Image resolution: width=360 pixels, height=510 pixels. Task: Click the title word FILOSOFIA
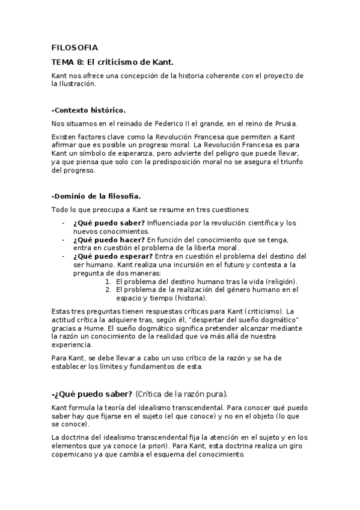coord(75,48)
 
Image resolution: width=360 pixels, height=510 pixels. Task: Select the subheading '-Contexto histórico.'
coord(89,110)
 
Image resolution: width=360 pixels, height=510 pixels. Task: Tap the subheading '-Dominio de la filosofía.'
coord(96,196)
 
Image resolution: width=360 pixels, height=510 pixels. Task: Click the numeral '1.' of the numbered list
coord(109,281)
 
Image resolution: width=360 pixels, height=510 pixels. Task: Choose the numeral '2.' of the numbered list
coord(109,290)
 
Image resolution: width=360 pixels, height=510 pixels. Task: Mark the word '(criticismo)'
coord(260,312)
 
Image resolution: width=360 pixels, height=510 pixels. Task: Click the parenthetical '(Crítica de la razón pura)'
coord(182,395)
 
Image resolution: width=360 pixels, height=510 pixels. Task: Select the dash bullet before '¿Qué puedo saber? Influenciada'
coord(64,223)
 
